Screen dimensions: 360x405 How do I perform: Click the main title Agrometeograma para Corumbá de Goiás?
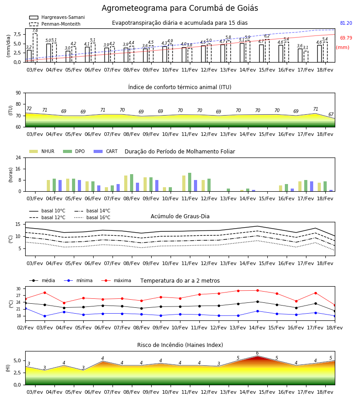(180, 8)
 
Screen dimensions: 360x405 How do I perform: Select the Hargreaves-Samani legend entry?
(57, 17)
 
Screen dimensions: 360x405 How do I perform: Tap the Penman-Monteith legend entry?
(55, 24)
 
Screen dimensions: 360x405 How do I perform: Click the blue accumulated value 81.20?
(346, 23)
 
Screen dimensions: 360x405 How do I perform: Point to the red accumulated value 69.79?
(346, 38)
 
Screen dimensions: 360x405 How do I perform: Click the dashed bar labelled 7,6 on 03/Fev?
(35, 48)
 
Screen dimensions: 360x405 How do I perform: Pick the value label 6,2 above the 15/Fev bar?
(267, 36)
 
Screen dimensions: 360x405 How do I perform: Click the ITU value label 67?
(331, 114)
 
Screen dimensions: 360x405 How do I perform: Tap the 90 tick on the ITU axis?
(18, 93)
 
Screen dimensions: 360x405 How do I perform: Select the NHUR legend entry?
(42, 151)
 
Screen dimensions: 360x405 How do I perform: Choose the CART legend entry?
(105, 151)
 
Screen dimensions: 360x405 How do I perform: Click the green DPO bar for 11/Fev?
(190, 182)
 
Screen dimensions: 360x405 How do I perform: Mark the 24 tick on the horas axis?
(18, 157)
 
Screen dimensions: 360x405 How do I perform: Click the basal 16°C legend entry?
(92, 217)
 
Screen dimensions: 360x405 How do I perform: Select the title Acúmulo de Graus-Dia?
(180, 216)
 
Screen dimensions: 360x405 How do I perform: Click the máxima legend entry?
(116, 280)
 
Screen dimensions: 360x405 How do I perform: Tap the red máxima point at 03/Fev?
(45, 292)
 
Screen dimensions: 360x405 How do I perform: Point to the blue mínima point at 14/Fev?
(257, 311)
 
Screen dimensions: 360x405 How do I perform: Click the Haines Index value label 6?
(257, 353)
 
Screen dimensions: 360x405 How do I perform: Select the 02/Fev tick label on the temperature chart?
(25, 328)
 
